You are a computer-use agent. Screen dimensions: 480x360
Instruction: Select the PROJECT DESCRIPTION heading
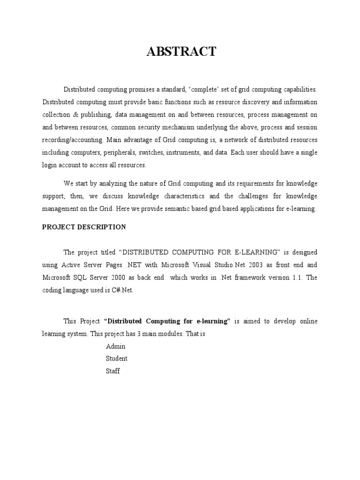[x=84, y=227]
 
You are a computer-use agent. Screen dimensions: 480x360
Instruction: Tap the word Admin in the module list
[x=115, y=346]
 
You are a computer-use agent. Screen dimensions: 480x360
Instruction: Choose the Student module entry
[x=117, y=359]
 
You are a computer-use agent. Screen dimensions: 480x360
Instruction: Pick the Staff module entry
[x=113, y=371]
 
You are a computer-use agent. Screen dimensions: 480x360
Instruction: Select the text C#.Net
[x=123, y=290]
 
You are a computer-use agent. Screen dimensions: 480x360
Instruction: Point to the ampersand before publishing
[x=77, y=115]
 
